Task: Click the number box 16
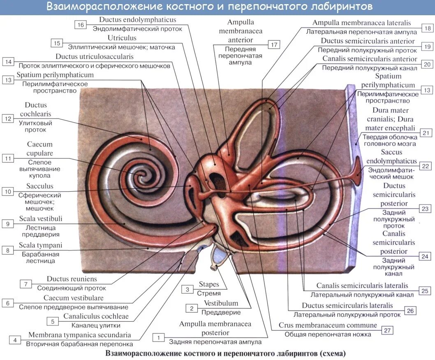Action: coord(80,25)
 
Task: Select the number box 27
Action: coord(387,330)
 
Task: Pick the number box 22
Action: coord(426,166)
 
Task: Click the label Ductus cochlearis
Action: coord(36,109)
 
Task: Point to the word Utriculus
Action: coord(119,38)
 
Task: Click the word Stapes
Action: coord(209,284)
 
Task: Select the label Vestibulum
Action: coord(221,303)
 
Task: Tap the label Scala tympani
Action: coord(40,245)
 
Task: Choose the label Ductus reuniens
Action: coord(72,279)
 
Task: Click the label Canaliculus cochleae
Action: coord(95,316)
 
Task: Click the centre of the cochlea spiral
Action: coord(142,176)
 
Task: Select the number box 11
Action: coord(8,158)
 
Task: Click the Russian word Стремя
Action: coord(208,293)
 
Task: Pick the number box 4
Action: coord(15,340)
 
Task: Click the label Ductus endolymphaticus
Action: coord(137,20)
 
